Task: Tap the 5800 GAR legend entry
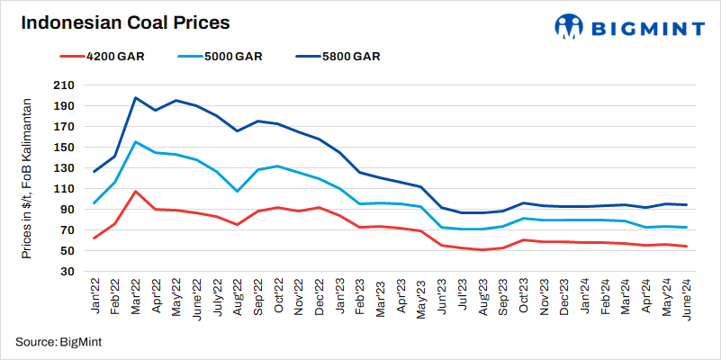347,56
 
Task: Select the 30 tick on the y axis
69,272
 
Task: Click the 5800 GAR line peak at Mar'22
135,98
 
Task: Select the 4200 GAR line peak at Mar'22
135,191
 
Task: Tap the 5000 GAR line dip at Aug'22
237,191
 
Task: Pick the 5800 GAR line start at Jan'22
95,171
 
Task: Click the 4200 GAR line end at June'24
688,247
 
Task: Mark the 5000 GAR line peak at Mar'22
135,142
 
